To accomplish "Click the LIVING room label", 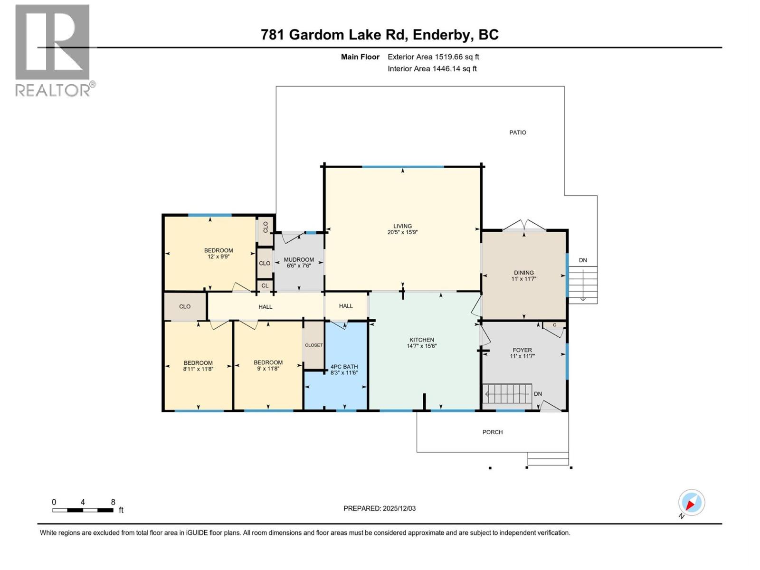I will click(x=402, y=226).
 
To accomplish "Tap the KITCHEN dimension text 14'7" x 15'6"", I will click(x=421, y=346).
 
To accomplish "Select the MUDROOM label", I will click(x=299, y=260).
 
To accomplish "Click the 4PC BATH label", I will click(x=344, y=367).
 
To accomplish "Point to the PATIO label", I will click(x=517, y=133).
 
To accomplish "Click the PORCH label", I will click(x=492, y=432).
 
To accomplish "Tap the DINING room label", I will click(x=523, y=273).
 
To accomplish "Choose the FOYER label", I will click(x=522, y=350).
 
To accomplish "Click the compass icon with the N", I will click(x=691, y=503).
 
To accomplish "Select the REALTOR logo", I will click(x=53, y=50).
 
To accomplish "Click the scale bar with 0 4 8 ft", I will click(x=83, y=510).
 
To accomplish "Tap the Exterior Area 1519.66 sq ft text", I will click(x=433, y=57).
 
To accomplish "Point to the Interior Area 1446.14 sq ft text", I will click(x=432, y=69).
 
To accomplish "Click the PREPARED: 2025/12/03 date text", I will click(x=380, y=508).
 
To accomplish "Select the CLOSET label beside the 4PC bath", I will click(x=313, y=345).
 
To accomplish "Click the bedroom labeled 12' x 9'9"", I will click(x=218, y=250).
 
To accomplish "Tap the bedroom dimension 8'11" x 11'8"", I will click(x=198, y=369).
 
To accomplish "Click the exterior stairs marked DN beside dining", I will click(x=583, y=285).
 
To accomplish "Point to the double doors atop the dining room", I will click(x=524, y=226).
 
